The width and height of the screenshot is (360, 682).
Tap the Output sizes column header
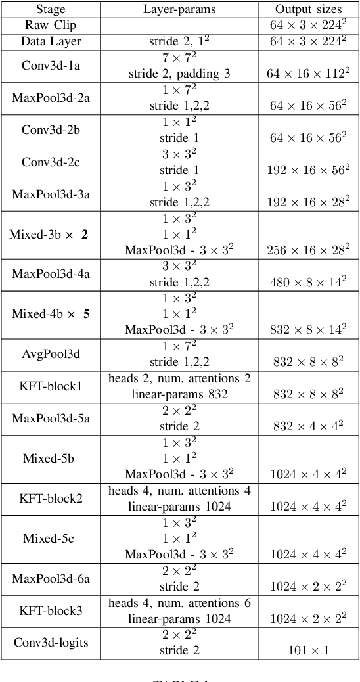(308, 10)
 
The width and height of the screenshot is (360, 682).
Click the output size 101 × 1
(308, 650)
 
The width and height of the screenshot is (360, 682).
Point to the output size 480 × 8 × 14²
(308, 282)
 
